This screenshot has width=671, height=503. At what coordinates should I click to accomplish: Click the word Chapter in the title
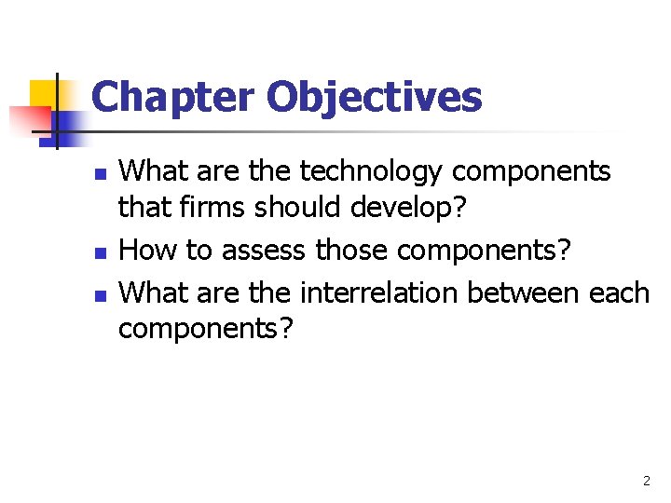(172, 97)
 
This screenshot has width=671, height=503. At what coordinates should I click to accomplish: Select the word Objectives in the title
(375, 97)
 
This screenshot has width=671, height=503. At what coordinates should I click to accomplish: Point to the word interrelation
(379, 292)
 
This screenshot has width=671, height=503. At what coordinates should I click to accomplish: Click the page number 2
(646, 482)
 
